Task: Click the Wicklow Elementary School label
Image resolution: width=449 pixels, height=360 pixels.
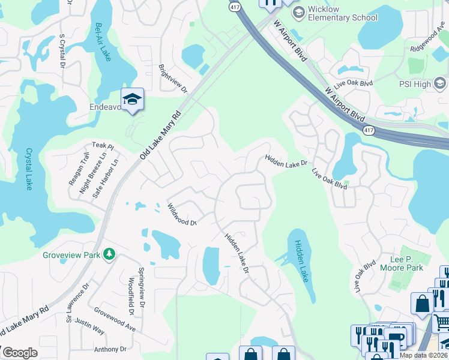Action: pos(342,14)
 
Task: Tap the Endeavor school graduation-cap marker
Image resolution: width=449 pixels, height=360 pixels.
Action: pos(132,100)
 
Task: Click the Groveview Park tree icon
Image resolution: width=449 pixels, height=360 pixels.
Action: pos(109,255)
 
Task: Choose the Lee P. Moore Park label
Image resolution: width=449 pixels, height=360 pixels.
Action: pos(402,263)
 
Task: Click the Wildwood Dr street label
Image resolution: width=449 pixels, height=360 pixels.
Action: pos(182,214)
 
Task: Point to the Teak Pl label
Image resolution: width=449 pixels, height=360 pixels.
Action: pos(103,146)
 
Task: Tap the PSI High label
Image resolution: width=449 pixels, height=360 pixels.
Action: pos(414,85)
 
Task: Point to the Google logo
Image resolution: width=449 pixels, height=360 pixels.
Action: pos(20,353)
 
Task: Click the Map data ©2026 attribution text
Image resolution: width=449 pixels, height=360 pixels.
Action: pos(423,355)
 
